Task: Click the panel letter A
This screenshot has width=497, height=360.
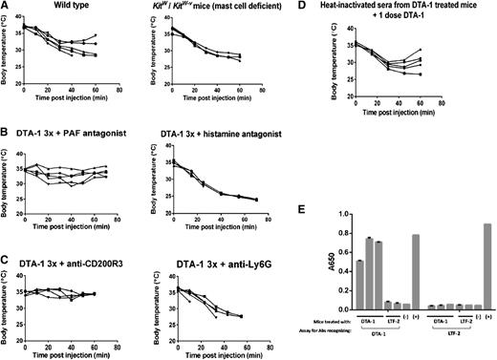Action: (5, 6)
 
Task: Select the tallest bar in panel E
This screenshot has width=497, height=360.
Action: (488, 253)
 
